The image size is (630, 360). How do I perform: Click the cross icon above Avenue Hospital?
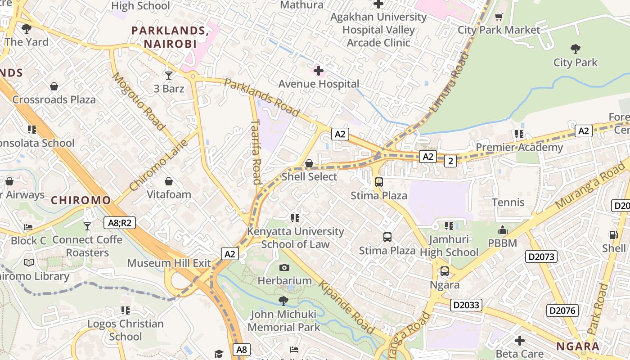point(319,71)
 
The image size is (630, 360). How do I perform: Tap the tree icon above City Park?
point(575,49)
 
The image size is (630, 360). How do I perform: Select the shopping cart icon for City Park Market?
point(499,17)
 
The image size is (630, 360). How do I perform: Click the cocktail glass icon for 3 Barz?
point(169,75)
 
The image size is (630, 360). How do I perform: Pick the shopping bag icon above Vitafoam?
point(169,181)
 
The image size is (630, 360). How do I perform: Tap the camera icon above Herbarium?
point(284,268)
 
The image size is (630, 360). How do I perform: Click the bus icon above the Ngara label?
point(445,271)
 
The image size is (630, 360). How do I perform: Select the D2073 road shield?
point(541,257)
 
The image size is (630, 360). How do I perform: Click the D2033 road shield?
point(467,305)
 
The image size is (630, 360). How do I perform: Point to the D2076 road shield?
point(562,310)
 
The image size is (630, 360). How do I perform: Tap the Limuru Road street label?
point(449,82)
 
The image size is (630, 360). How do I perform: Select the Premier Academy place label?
point(519,147)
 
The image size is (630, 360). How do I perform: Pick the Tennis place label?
point(508,202)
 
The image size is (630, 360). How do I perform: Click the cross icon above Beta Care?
point(520,341)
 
